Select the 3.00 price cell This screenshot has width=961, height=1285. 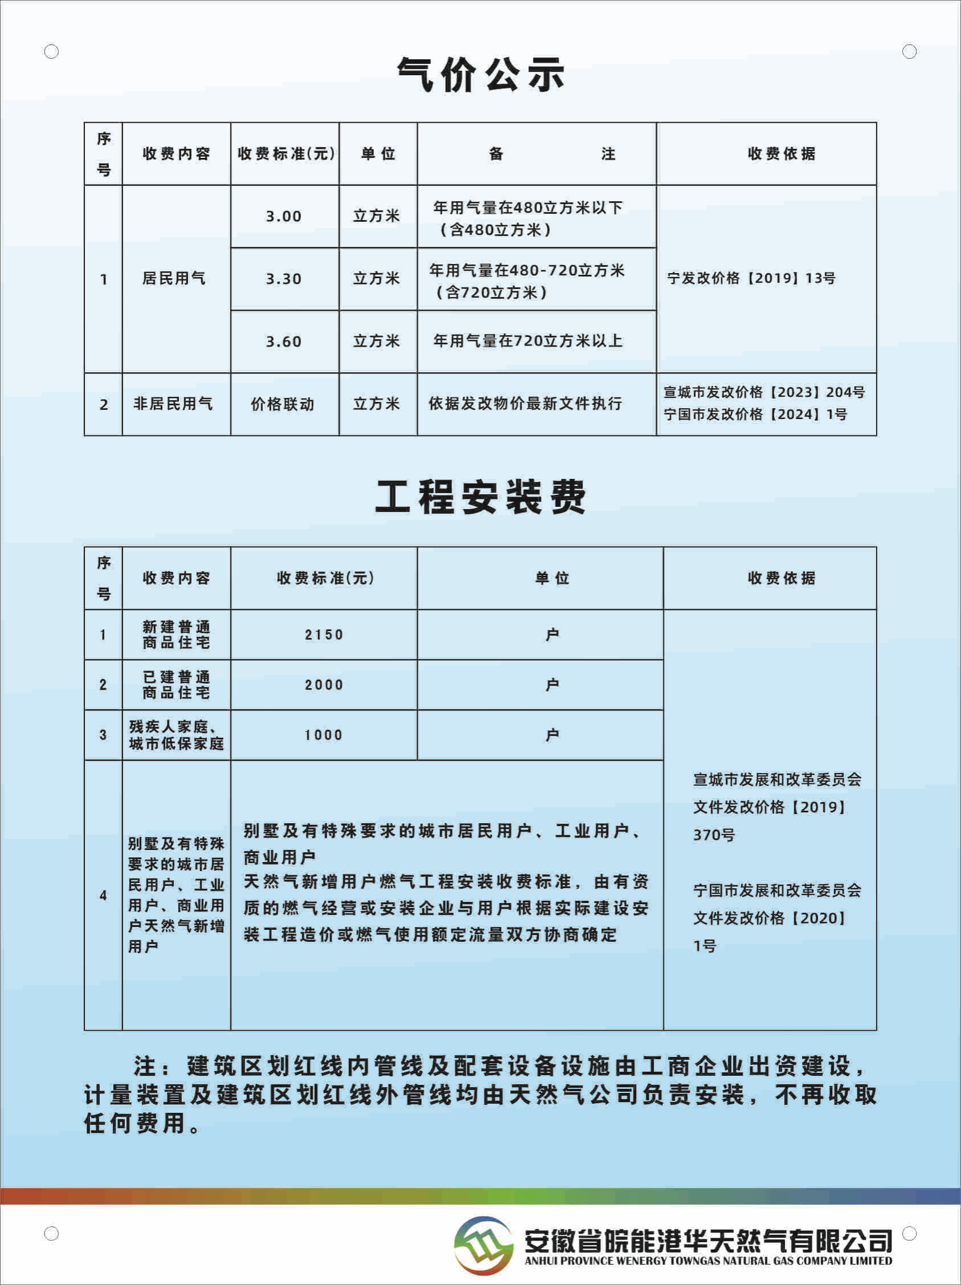284,216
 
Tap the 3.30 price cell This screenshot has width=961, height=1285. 284,279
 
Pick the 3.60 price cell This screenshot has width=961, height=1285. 284,341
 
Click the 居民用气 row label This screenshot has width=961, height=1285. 174,278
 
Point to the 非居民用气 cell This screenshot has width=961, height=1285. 173,404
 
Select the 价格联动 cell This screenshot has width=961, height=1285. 283,404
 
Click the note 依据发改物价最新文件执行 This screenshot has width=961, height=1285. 525,404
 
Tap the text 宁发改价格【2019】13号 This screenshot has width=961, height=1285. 751,278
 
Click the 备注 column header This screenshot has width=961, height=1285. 536,154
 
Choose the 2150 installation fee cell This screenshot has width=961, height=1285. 324,635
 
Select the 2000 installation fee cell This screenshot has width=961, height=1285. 324,685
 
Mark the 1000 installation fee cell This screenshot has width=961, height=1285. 324,735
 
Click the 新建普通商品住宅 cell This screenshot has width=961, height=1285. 177,635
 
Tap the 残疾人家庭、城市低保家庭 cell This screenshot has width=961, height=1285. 177,735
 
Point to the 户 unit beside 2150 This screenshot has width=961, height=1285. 552,635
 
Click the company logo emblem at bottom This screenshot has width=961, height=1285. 483,1246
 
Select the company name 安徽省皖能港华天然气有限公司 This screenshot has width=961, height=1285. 708,1241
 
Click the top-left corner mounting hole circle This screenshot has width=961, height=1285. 52,52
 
